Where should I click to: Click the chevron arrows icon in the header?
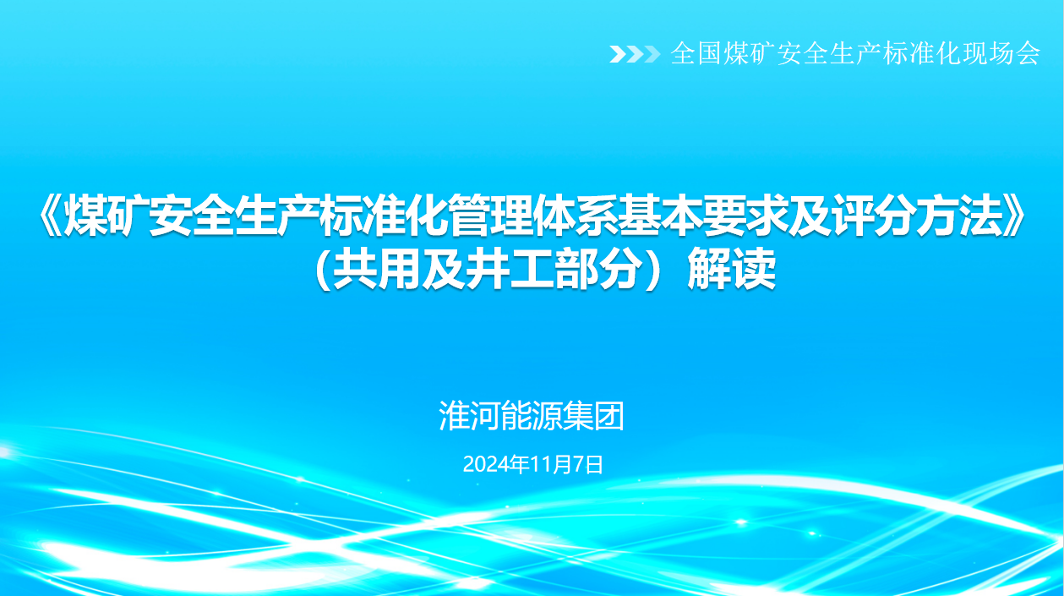pos(635,54)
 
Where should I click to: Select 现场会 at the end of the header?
pos(1001,53)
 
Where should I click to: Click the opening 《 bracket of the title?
pos(50,216)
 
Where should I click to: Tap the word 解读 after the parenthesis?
pos(732,269)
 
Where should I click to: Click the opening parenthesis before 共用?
pos(322,269)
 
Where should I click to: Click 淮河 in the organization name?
pos(469,416)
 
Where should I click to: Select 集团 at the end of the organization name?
pos(593,416)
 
